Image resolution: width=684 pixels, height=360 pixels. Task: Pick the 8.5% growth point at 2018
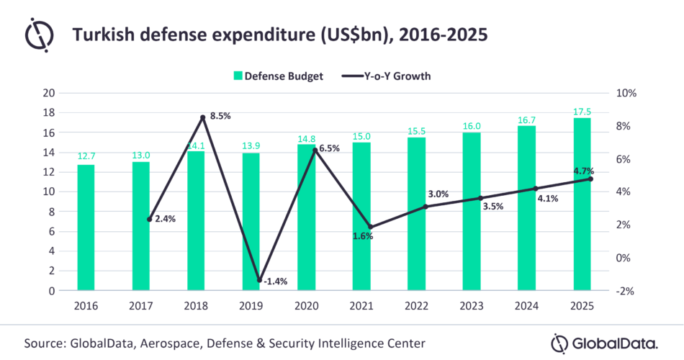pyautogui.click(x=204, y=117)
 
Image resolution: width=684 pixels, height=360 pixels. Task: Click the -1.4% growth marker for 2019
pyautogui.click(x=259, y=280)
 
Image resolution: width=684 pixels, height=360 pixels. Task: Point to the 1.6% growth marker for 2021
pyautogui.click(x=369, y=227)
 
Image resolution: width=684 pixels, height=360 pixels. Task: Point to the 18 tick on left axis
pyautogui.click(x=49, y=113)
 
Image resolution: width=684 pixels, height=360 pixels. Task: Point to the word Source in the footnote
pyautogui.click(x=45, y=342)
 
